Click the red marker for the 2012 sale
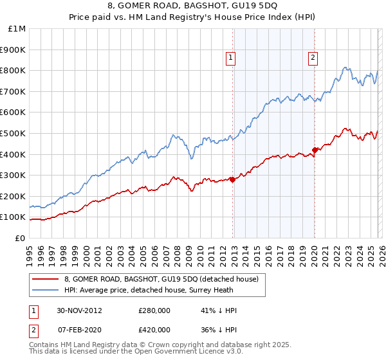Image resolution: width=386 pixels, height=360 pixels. (232, 179)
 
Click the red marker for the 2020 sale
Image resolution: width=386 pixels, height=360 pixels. (315, 150)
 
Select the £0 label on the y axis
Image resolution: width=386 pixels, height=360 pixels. (20, 238)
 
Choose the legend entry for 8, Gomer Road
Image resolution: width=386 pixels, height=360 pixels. (161, 279)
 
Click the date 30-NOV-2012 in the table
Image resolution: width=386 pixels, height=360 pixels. (79, 310)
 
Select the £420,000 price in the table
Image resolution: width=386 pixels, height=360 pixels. (154, 330)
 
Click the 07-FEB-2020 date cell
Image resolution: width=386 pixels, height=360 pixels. (79, 330)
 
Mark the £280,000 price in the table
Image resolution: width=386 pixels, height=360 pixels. (154, 310)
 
